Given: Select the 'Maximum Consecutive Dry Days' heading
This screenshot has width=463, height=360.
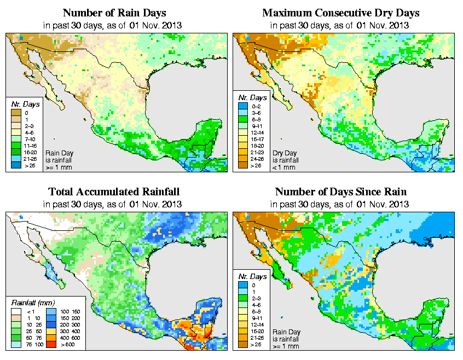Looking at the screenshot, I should [x=340, y=13].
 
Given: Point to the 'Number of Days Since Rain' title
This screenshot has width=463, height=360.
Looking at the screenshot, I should [x=340, y=192].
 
